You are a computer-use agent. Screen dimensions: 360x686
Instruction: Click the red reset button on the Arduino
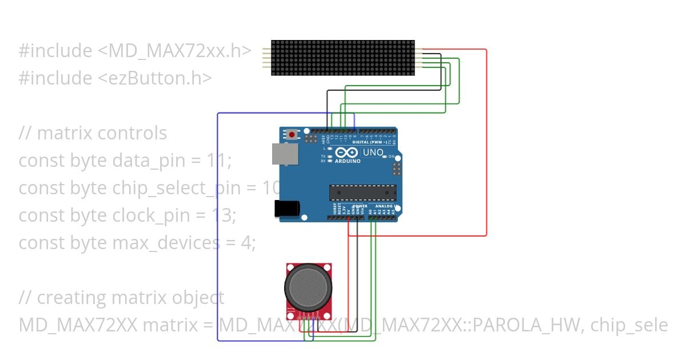(x=292, y=135)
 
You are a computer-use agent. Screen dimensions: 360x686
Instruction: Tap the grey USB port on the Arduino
(x=285, y=154)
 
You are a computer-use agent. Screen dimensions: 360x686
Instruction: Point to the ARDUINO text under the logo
(x=348, y=161)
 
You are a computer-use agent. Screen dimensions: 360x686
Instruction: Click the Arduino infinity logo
(x=346, y=153)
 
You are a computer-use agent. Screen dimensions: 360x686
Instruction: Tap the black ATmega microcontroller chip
(x=362, y=193)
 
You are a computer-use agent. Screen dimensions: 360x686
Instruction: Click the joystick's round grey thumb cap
(x=308, y=286)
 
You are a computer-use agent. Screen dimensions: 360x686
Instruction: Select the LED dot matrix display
(x=342, y=58)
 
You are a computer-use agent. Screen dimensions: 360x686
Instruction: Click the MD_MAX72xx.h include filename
(x=174, y=51)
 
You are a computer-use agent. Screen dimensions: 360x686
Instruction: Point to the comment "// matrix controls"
(x=93, y=133)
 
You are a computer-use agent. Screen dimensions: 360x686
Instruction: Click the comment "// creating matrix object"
(x=121, y=298)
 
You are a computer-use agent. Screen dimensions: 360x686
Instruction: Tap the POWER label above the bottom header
(x=360, y=205)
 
